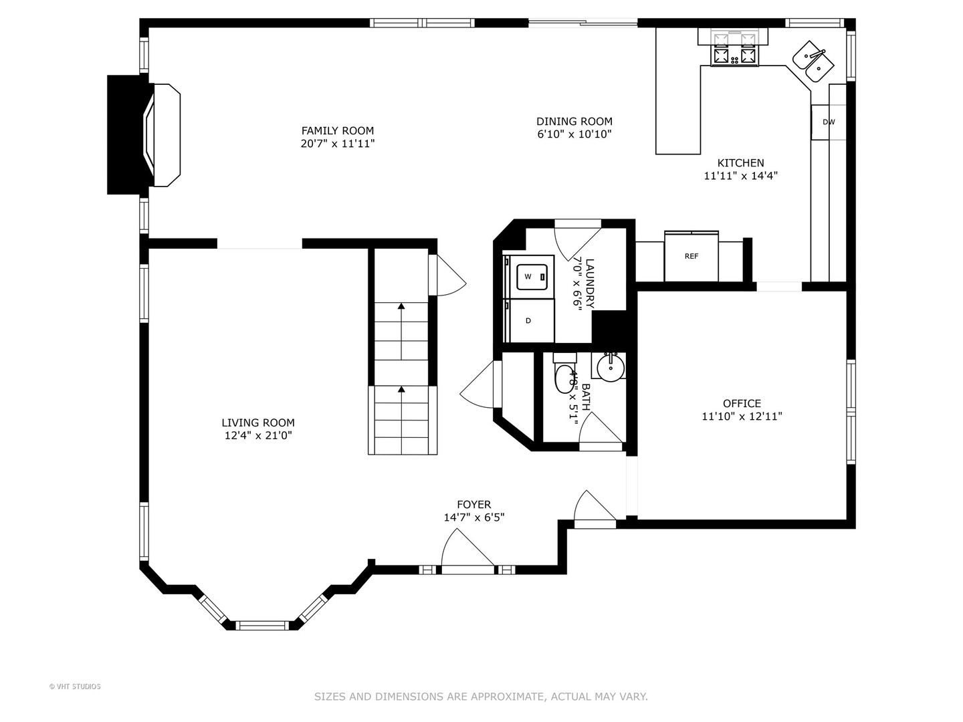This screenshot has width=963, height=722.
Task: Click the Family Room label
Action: (x=337, y=130)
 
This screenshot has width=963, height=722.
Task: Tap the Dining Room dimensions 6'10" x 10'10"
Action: (x=574, y=134)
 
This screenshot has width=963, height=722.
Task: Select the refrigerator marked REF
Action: (x=691, y=256)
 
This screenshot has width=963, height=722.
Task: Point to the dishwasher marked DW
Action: (x=829, y=122)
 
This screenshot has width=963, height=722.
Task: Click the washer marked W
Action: (x=532, y=277)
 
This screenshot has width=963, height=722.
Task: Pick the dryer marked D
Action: (x=529, y=320)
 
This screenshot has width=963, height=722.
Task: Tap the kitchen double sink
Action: (x=813, y=62)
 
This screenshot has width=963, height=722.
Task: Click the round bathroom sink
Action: (x=611, y=368)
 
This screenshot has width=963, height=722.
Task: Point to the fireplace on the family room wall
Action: (x=144, y=134)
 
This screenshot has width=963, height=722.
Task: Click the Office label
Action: (x=742, y=403)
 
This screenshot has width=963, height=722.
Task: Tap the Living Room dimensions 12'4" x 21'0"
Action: (x=258, y=436)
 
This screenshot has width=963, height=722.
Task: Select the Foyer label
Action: (x=474, y=505)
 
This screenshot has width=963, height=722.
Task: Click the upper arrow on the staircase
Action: (x=401, y=332)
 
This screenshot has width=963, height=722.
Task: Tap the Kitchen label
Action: (x=740, y=163)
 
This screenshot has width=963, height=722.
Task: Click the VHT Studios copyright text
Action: (x=75, y=687)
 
